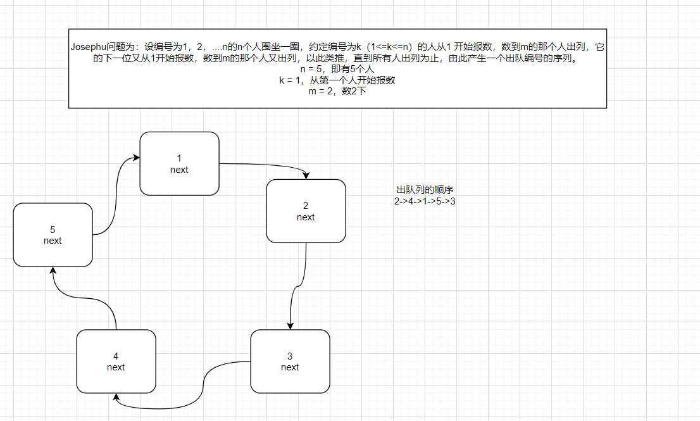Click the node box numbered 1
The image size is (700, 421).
pos(179,163)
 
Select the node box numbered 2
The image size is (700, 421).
pos(306,211)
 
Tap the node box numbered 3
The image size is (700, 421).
pos(290,361)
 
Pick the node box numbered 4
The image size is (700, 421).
pos(116,361)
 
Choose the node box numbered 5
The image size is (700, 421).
pos(53,234)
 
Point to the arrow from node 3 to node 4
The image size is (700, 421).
pos(204,386)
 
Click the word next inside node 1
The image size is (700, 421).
pos(179,170)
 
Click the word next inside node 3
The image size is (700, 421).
pos(290,367)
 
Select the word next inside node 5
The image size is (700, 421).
pos(53,241)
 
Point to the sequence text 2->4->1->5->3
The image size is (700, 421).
pos(424,201)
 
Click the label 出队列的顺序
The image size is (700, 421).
pos(424,190)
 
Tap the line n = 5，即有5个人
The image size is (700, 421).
pos(337,69)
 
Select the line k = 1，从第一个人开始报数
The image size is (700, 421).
pos(337,80)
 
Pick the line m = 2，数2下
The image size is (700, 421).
pos(337,91)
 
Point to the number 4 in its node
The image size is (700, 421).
pos(116,356)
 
